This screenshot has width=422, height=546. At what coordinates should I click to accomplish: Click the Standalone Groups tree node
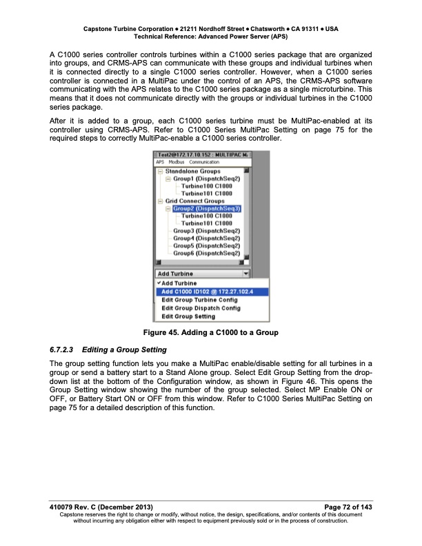(x=192, y=170)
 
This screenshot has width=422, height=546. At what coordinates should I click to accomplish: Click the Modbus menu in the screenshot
(x=177, y=162)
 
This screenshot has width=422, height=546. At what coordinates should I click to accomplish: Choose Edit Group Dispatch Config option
(x=200, y=308)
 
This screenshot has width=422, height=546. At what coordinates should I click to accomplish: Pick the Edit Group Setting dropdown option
(x=188, y=316)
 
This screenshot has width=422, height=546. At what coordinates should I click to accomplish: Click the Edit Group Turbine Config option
(x=199, y=300)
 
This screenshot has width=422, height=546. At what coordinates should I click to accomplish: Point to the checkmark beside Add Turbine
(x=159, y=283)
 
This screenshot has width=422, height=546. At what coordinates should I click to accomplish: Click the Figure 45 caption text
(x=210, y=333)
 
